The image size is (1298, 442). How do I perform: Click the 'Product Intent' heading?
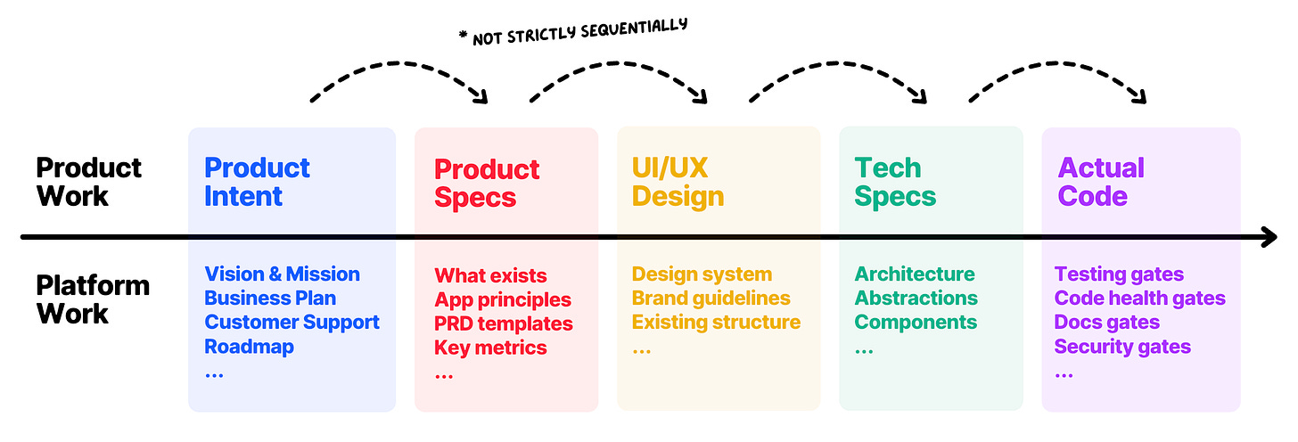(257, 182)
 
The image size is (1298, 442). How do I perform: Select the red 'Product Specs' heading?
(486, 183)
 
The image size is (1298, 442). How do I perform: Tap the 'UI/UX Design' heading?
(678, 182)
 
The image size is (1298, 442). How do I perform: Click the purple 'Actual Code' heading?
(1101, 182)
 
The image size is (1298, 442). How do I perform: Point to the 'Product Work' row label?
(88, 182)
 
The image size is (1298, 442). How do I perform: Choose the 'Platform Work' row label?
(92, 299)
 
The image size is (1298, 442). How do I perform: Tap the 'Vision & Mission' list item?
(282, 274)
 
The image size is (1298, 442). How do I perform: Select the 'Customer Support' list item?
(292, 322)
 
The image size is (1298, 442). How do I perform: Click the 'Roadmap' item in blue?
(249, 346)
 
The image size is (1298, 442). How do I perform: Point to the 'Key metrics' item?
(490, 347)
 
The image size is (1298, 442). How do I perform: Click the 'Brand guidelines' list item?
(711, 298)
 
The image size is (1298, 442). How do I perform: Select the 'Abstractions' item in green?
(916, 298)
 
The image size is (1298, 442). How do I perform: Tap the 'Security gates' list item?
(1122, 346)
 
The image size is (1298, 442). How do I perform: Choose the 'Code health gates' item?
(1139, 298)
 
